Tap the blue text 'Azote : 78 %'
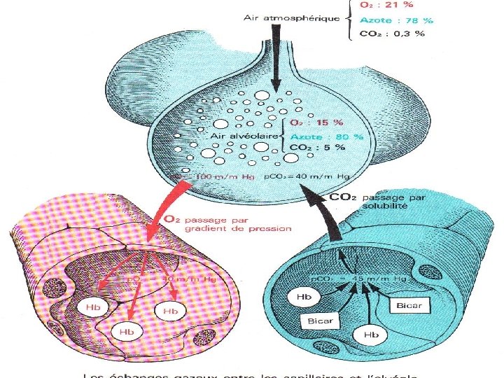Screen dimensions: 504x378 tap(396, 20)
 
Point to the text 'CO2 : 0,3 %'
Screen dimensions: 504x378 tap(393, 34)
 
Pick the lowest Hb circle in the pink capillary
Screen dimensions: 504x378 tap(127, 330)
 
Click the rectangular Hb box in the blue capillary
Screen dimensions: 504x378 tap(303, 296)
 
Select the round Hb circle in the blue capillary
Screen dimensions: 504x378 tap(371, 335)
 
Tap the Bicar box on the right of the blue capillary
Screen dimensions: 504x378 tap(409, 304)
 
